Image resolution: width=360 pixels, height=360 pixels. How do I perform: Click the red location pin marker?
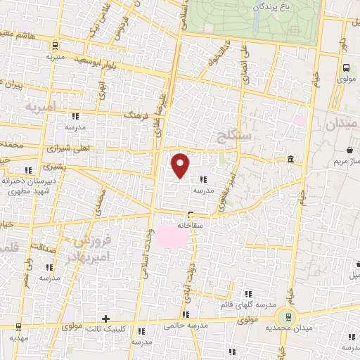[x=181, y=165]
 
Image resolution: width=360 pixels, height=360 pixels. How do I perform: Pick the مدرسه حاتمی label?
[x=186, y=326]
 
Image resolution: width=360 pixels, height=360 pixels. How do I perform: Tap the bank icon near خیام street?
[x=290, y=162]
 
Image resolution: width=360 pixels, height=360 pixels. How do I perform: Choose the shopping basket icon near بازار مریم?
[x=349, y=149]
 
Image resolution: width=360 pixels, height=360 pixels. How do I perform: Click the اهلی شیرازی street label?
[x=65, y=149]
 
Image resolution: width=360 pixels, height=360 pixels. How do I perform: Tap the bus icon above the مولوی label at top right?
[x=345, y=68]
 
